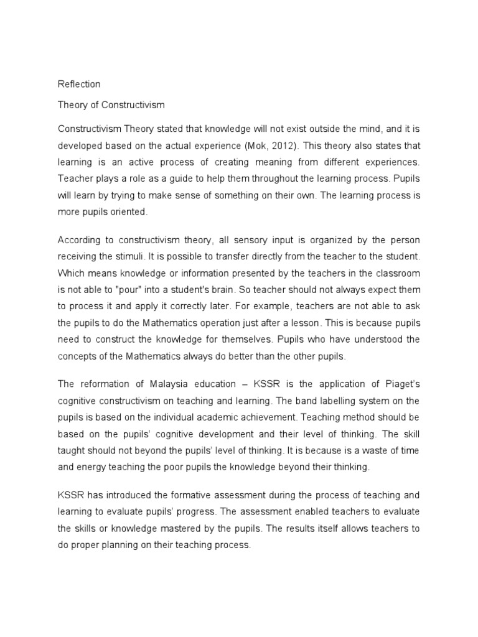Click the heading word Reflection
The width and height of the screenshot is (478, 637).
coord(79,84)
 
